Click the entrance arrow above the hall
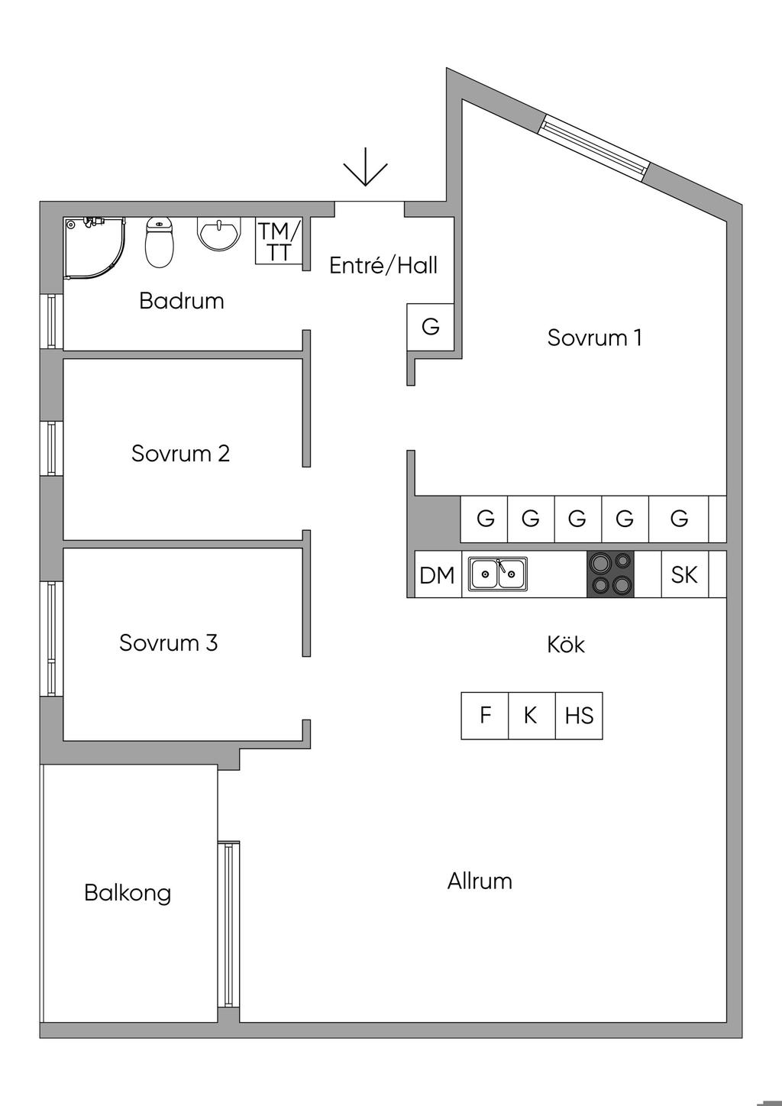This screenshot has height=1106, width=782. click(365, 167)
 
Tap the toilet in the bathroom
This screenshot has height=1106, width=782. click(160, 242)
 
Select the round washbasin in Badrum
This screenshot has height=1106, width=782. click(220, 234)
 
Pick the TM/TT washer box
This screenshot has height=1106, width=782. click(279, 241)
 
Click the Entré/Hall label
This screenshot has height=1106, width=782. click(383, 266)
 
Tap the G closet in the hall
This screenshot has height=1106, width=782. click(431, 327)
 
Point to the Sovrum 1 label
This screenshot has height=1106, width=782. click(594, 338)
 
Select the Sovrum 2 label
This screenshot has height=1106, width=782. click(181, 453)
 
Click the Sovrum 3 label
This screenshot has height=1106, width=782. click(168, 643)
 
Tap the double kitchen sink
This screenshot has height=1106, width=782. click(498, 574)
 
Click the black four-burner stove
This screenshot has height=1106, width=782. click(610, 574)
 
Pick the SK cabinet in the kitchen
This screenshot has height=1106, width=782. click(684, 574)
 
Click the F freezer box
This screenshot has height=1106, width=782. click(485, 716)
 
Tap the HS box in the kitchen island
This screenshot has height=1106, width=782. click(579, 716)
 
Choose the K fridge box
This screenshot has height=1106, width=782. click(532, 716)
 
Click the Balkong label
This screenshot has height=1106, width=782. click(128, 893)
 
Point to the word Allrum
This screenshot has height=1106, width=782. click(480, 881)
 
